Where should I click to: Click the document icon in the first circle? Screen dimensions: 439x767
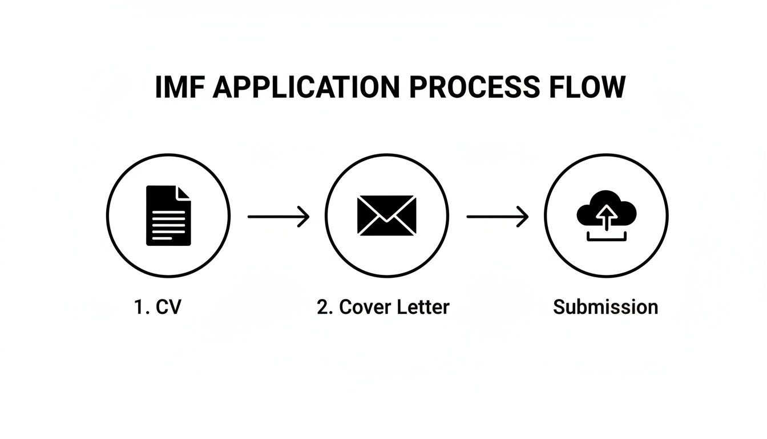[x=168, y=215]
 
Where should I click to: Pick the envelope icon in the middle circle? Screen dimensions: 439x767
[x=387, y=215]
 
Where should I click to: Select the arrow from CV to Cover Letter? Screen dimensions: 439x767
[x=278, y=217]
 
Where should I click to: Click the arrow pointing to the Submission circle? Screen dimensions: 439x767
[x=498, y=217]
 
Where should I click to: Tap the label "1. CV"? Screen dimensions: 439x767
[x=158, y=307]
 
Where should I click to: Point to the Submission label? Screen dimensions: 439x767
[x=605, y=307]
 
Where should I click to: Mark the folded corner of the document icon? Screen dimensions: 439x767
[x=184, y=193]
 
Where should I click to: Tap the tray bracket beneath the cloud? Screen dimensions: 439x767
[x=606, y=237]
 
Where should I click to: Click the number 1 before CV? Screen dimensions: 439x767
[x=139, y=307]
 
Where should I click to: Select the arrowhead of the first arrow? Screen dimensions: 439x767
[x=305, y=217]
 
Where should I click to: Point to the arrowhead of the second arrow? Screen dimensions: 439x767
[x=524, y=217]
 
